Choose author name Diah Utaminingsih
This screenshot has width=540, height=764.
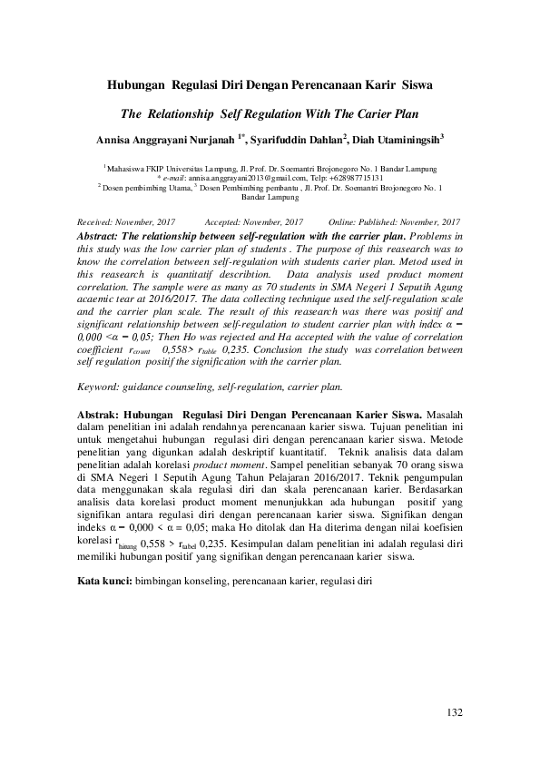click(x=397, y=140)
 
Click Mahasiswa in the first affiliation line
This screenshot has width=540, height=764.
click(x=128, y=169)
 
